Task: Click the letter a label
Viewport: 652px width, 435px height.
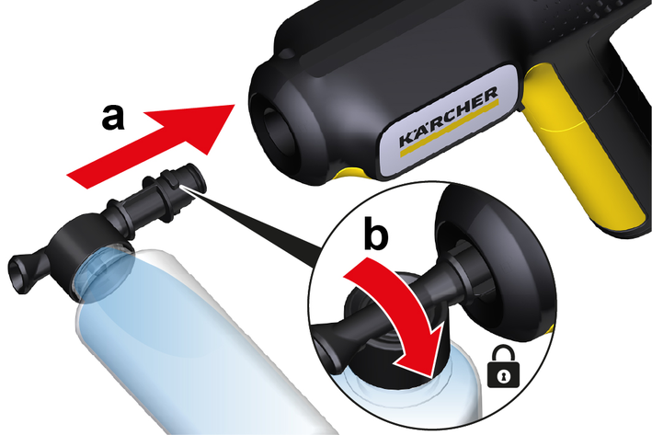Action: click(113, 118)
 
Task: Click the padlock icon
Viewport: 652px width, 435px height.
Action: click(503, 367)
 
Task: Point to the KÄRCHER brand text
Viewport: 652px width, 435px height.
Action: click(448, 117)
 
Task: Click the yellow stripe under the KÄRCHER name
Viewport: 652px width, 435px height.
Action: click(449, 128)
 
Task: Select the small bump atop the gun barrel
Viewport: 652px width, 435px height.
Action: click(286, 54)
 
